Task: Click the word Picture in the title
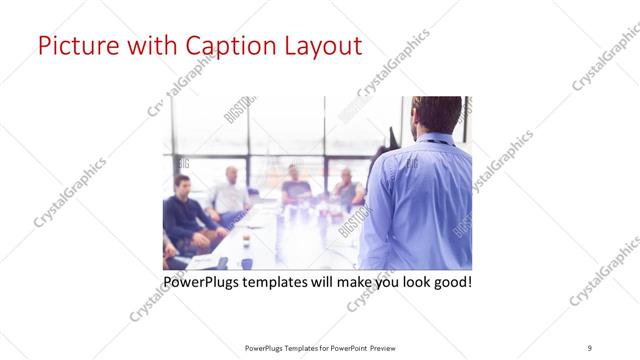(76, 46)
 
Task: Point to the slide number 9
(590, 347)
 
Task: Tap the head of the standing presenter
(437, 116)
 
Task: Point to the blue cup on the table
(246, 264)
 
